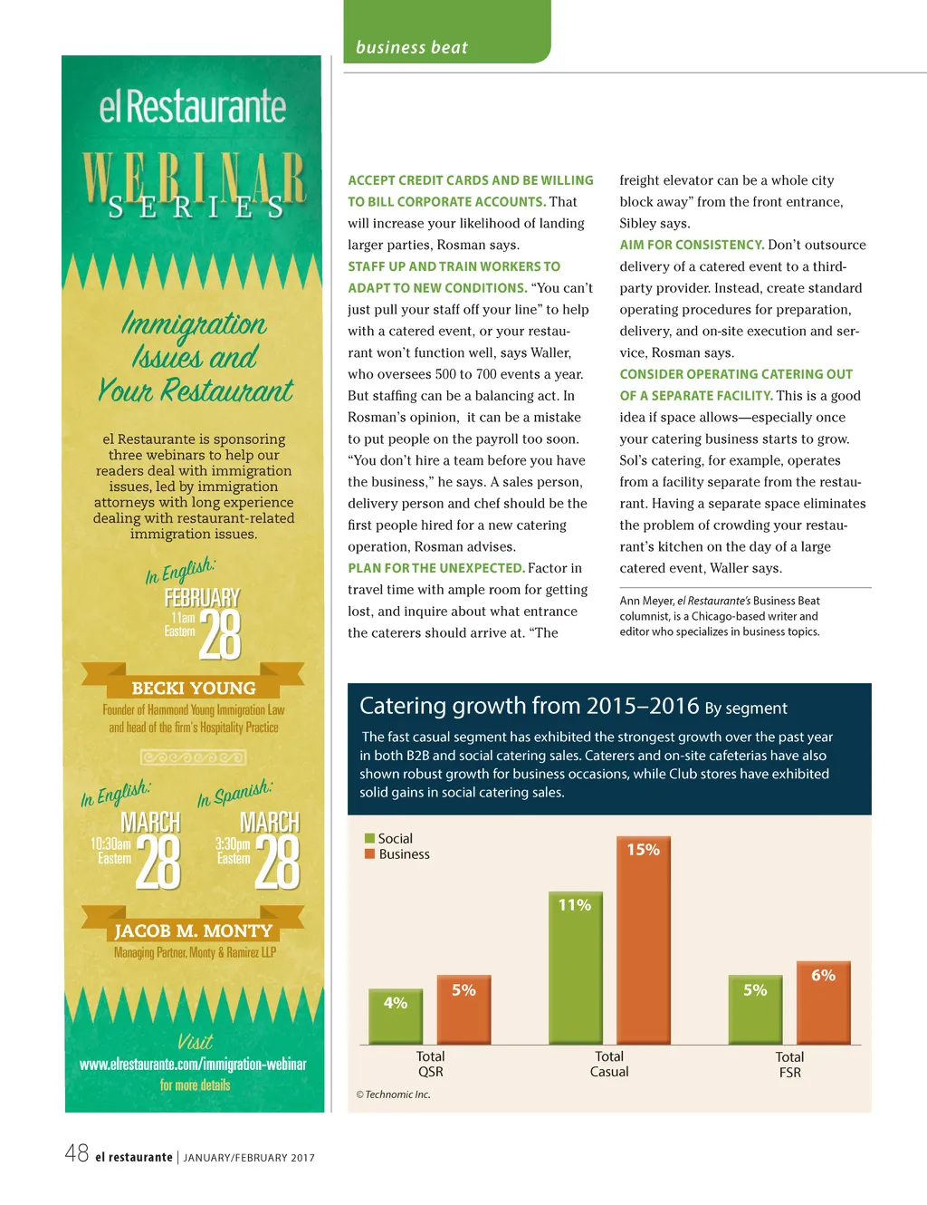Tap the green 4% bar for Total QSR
396,1016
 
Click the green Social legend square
369,838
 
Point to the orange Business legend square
369,853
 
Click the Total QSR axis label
430,1064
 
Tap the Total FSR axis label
789,1065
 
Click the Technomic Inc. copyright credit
393,1094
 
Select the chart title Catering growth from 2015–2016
529,706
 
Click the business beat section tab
412,47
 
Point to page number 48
76,1153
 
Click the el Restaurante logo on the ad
193,107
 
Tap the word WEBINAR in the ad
193,177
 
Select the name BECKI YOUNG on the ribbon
194,688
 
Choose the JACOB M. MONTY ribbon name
193,930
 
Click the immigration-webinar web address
193,1065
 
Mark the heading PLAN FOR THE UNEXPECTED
435,568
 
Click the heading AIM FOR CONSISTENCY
692,245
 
